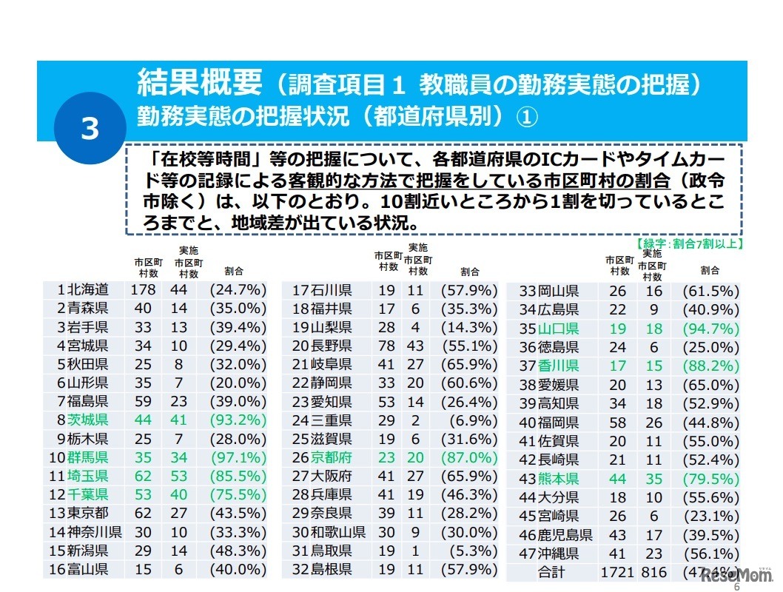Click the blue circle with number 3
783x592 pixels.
(x=90, y=130)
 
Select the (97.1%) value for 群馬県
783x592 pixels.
(x=238, y=457)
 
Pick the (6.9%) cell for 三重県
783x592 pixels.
(x=470, y=420)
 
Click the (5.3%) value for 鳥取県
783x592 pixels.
(x=470, y=550)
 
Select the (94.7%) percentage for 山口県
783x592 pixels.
(x=711, y=329)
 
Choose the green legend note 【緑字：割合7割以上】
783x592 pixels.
(x=690, y=242)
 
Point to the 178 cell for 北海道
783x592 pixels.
(x=143, y=289)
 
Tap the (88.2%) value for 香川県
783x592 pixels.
(x=711, y=366)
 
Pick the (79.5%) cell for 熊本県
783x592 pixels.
(x=711, y=478)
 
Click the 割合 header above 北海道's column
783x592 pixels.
(x=235, y=272)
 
